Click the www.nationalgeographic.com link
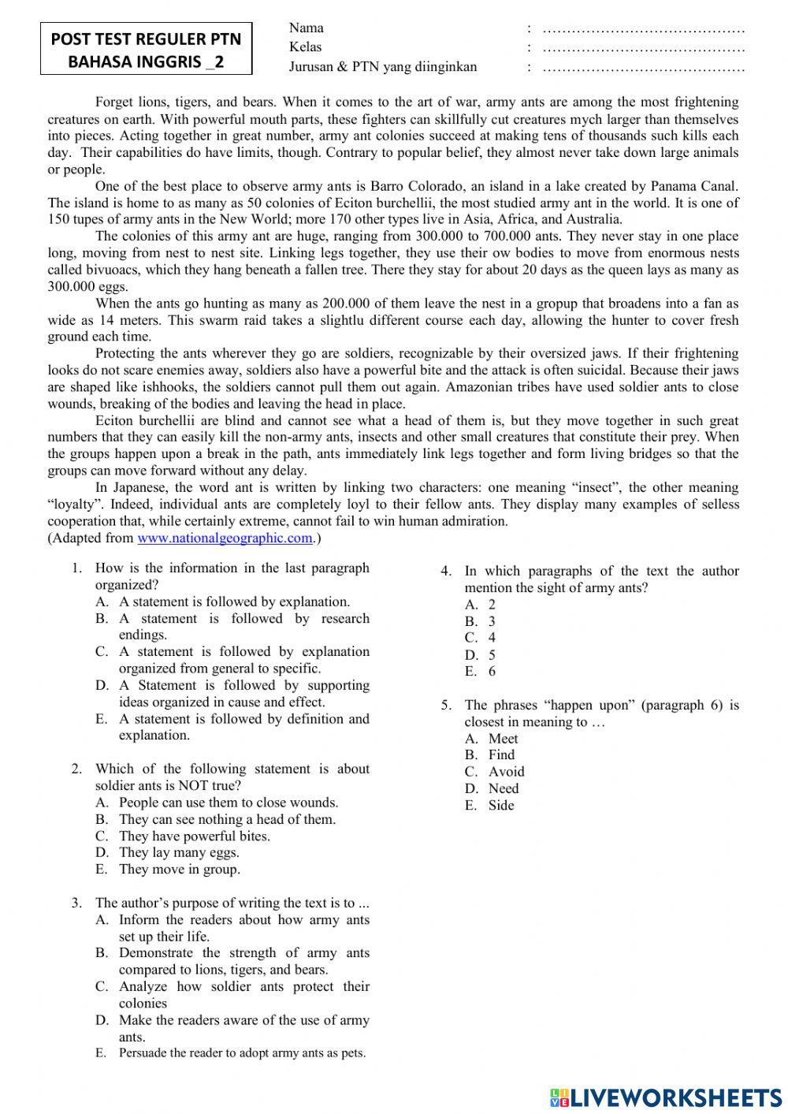[225, 538]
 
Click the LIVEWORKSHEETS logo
[666, 1097]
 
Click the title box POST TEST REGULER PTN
[147, 50]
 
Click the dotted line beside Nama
[644, 30]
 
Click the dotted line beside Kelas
[644, 49]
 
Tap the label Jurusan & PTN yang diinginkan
[383, 67]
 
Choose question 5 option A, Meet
[503, 739]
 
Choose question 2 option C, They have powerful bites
[194, 836]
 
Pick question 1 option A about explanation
[234, 602]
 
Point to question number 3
[76, 903]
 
